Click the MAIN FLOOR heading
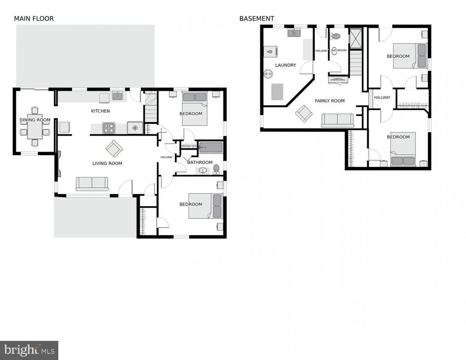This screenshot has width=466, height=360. [34, 18]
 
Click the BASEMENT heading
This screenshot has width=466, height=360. [257, 18]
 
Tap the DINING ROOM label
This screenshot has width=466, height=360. [35, 120]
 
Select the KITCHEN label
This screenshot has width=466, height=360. [101, 111]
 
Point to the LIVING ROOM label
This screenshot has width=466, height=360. [107, 163]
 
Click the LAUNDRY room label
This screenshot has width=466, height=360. [286, 65]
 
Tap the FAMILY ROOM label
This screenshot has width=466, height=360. [330, 101]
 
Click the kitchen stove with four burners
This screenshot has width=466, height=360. [109, 128]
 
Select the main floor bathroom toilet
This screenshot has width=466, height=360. [216, 168]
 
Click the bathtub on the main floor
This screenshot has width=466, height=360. [211, 147]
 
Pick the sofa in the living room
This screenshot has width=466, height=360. [92, 184]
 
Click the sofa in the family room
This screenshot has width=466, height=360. [338, 121]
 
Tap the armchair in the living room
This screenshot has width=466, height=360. [114, 149]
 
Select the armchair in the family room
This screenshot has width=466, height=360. [304, 114]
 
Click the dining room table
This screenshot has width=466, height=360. [35, 127]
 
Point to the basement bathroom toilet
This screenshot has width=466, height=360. [336, 36]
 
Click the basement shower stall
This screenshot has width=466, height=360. [355, 38]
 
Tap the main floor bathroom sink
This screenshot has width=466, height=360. [203, 171]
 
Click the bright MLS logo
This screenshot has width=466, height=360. [29, 350]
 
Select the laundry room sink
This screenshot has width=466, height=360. [294, 32]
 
